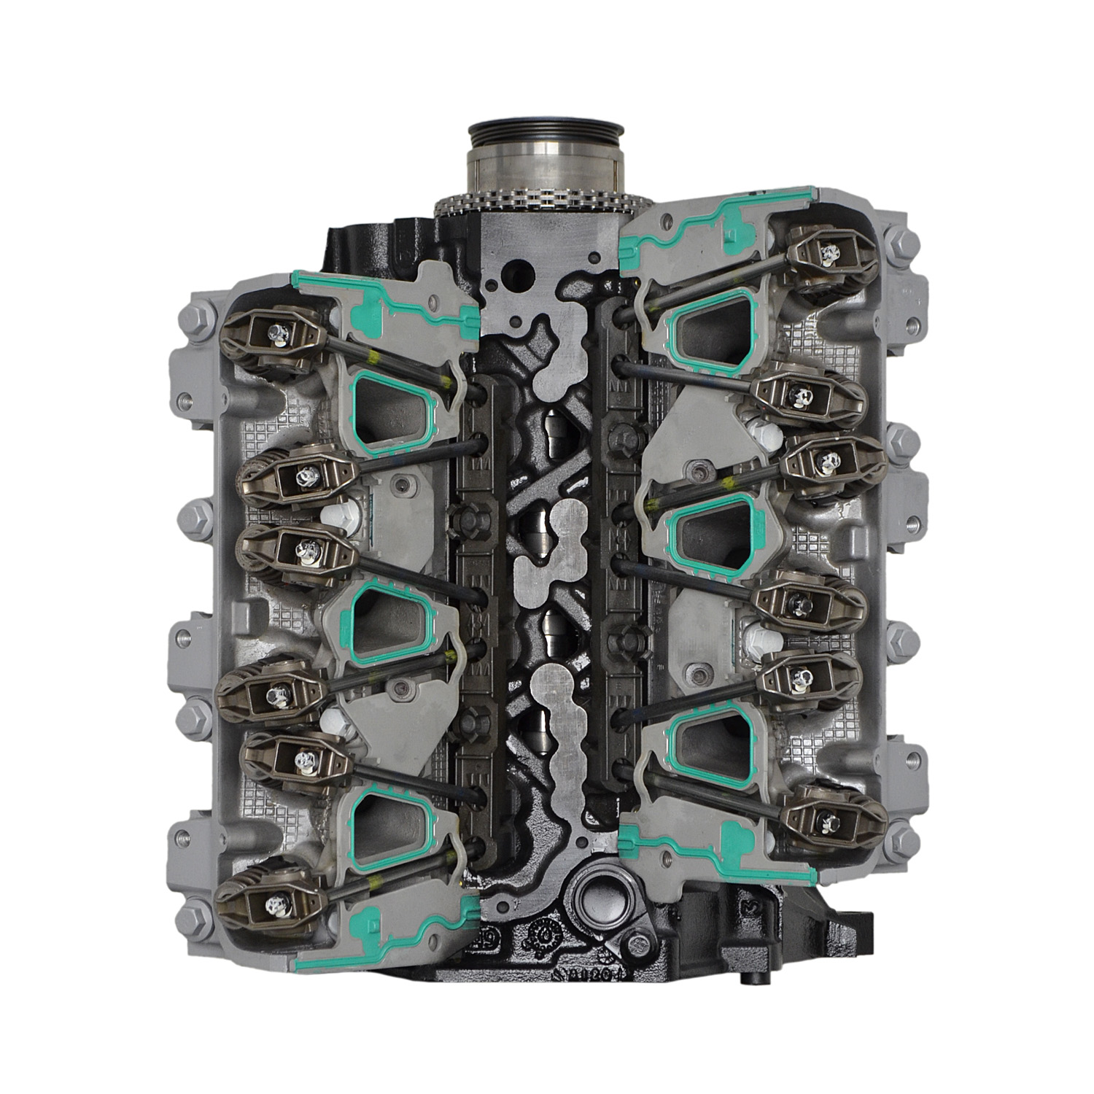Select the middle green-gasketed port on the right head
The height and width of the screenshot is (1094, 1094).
pos(711,529)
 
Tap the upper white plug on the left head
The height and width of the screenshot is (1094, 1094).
pos(342,511)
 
